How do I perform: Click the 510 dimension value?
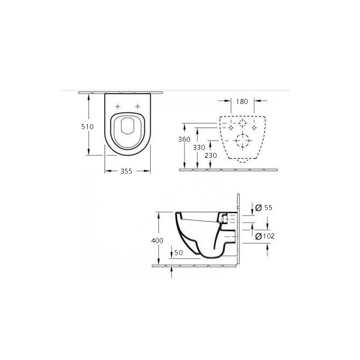click(x=87, y=126)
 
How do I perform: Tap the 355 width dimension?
click(x=126, y=171)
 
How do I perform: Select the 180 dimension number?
click(x=242, y=102)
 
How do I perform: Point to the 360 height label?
click(x=184, y=139)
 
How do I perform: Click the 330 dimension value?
click(x=199, y=147)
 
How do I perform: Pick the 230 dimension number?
click(x=211, y=156)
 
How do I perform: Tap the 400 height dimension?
click(x=157, y=240)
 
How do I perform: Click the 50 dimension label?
click(x=179, y=252)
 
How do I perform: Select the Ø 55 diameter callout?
click(x=264, y=207)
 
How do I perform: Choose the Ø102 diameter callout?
click(x=265, y=236)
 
